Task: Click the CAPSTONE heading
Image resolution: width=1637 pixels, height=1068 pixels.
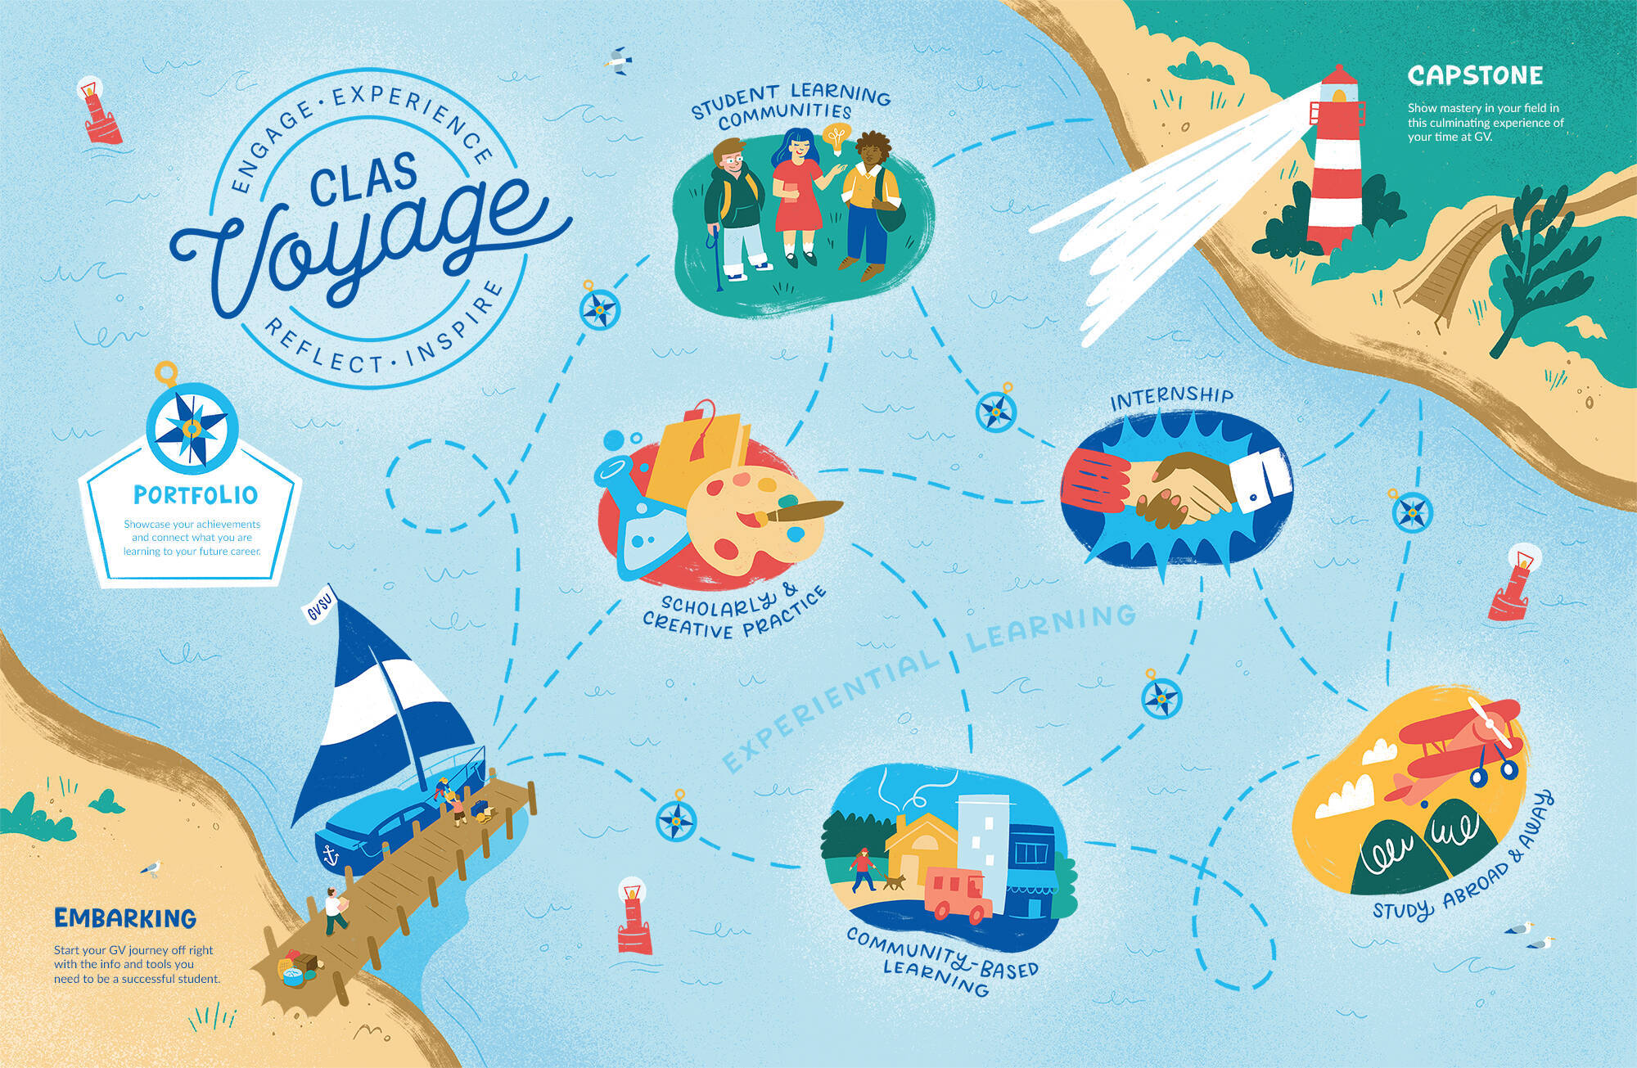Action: (x=1475, y=76)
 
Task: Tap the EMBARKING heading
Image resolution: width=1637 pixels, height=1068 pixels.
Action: (x=125, y=917)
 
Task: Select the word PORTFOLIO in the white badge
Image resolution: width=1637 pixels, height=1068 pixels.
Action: (x=196, y=495)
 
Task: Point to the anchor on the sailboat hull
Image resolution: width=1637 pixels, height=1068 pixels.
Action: (x=331, y=856)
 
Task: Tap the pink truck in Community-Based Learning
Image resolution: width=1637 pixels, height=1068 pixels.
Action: (x=958, y=894)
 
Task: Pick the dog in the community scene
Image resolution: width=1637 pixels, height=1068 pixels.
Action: (x=896, y=882)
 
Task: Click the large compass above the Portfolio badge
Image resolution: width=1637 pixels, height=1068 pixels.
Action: (x=192, y=427)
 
